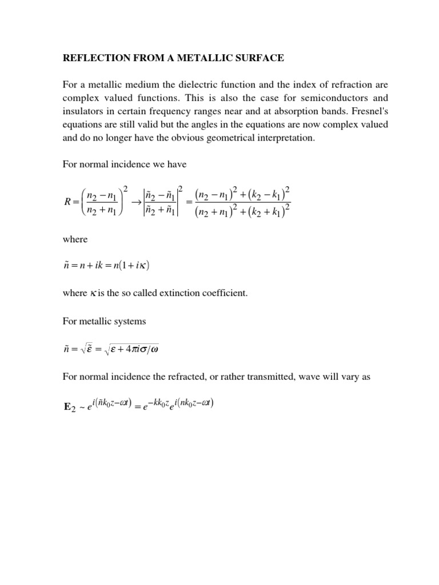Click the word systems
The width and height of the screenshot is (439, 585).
click(130, 321)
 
